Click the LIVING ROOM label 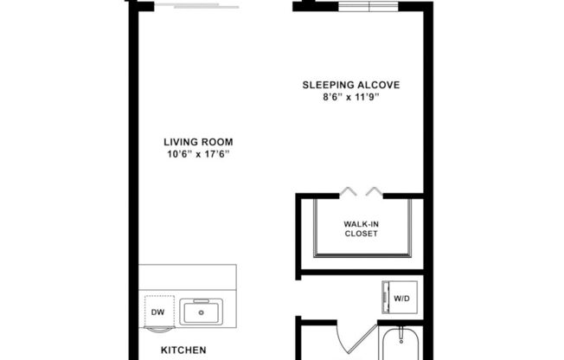[x=198, y=142]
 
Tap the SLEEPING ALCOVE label [x=350, y=85]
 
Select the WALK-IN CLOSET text [x=361, y=228]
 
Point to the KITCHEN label [x=183, y=350]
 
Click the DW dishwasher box [x=157, y=312]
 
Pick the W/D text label [x=403, y=299]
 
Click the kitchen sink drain [x=200, y=312]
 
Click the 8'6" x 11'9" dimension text [x=350, y=97]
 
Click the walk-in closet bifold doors [x=360, y=191]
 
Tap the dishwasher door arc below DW [x=157, y=329]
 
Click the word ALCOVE [x=380, y=85]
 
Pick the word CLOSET [x=361, y=234]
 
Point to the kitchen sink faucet [x=200, y=299]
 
